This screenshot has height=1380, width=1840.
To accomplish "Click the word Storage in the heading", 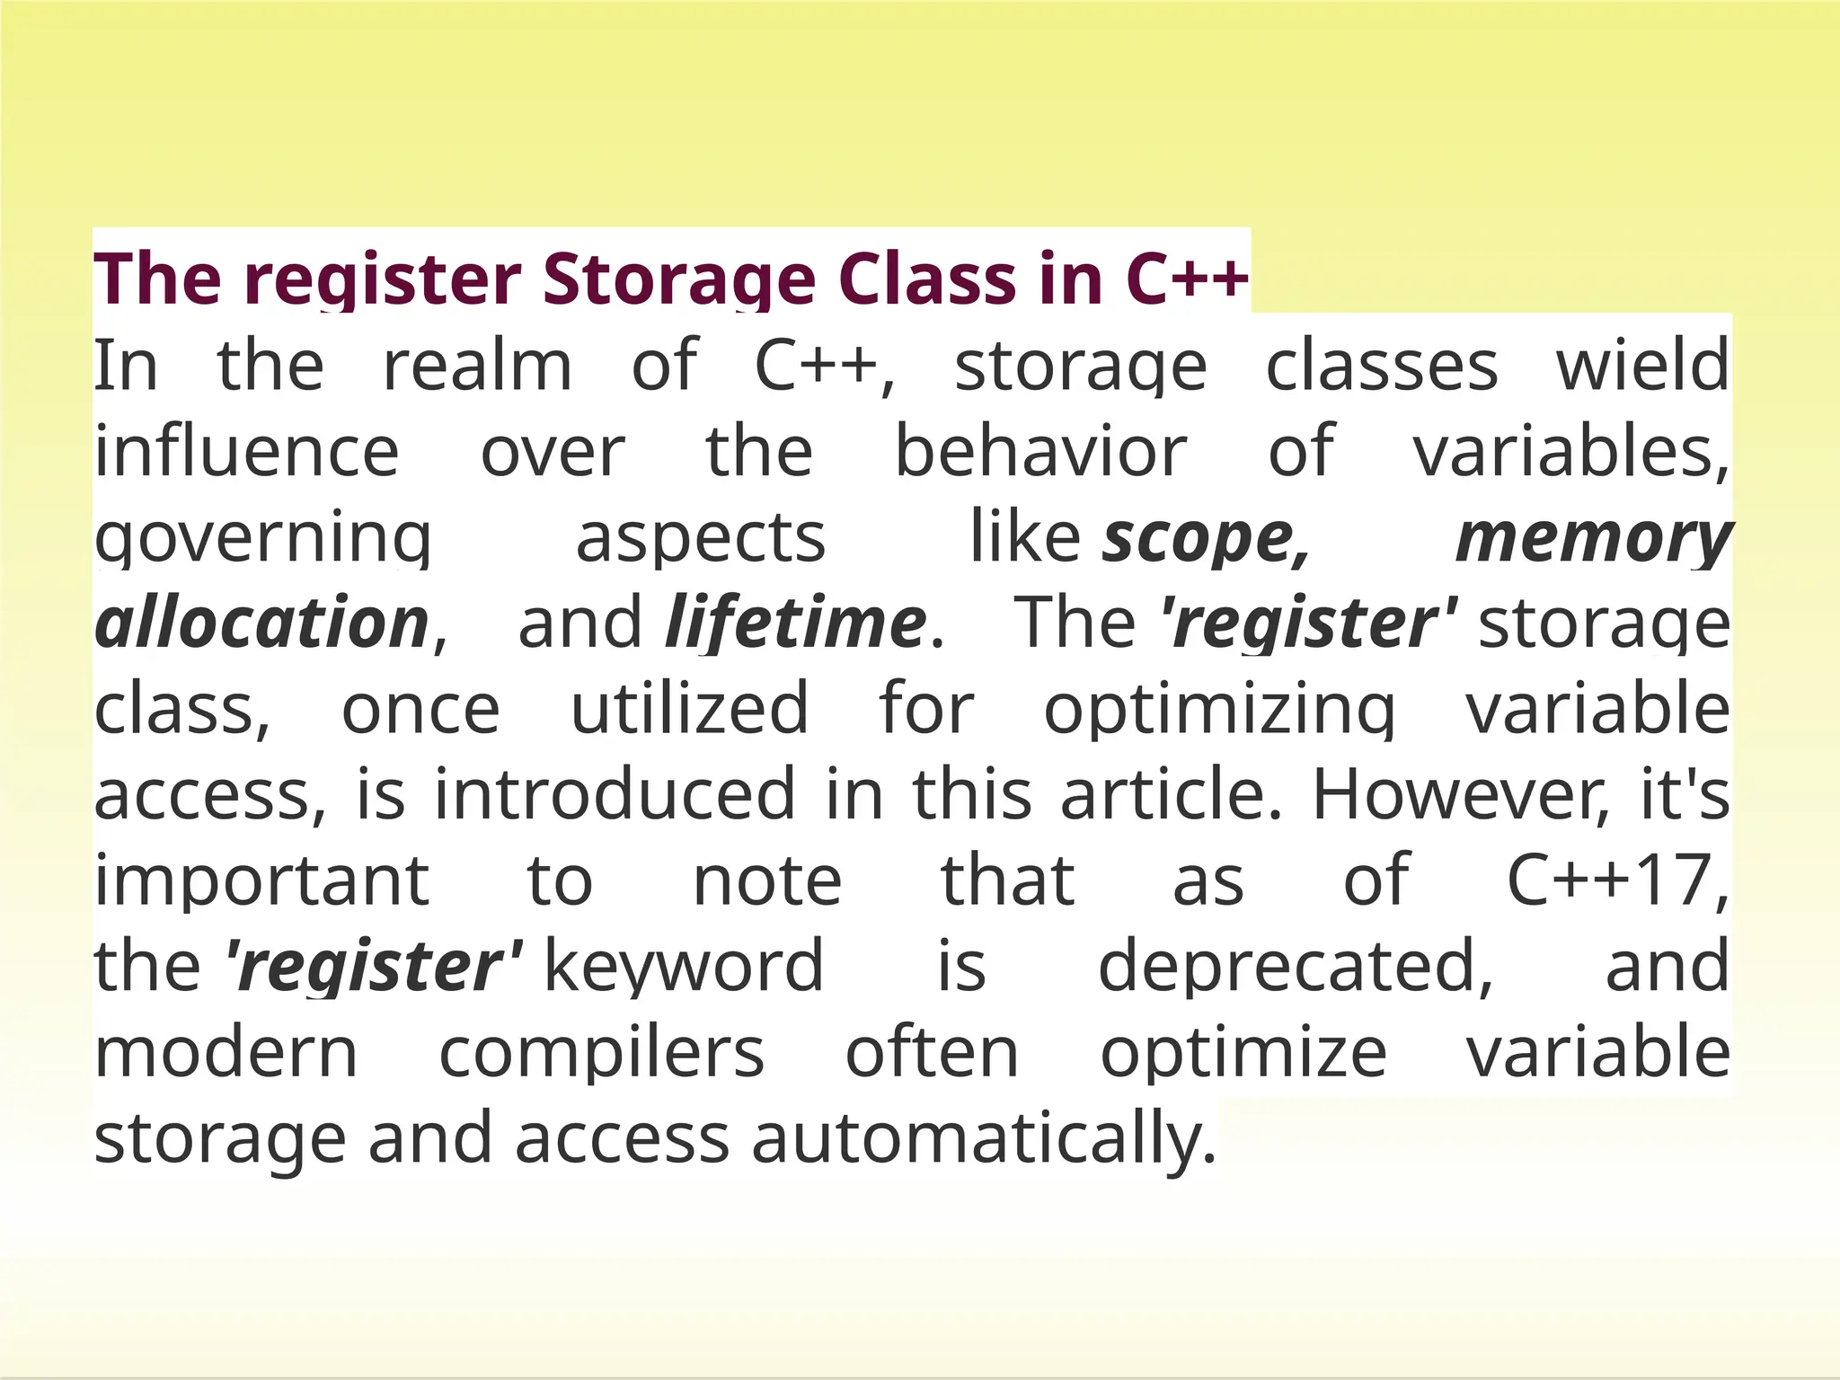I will (x=679, y=279).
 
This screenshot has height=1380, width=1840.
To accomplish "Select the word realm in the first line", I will (x=477, y=367).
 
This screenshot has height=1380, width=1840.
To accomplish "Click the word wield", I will (x=1642, y=367).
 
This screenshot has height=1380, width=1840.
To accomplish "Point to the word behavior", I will (x=1040, y=452).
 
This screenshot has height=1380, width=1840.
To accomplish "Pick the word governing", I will (x=263, y=538).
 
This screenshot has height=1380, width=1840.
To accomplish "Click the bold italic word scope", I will (x=1204, y=538).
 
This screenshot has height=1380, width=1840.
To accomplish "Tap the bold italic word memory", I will (x=1592, y=538).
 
